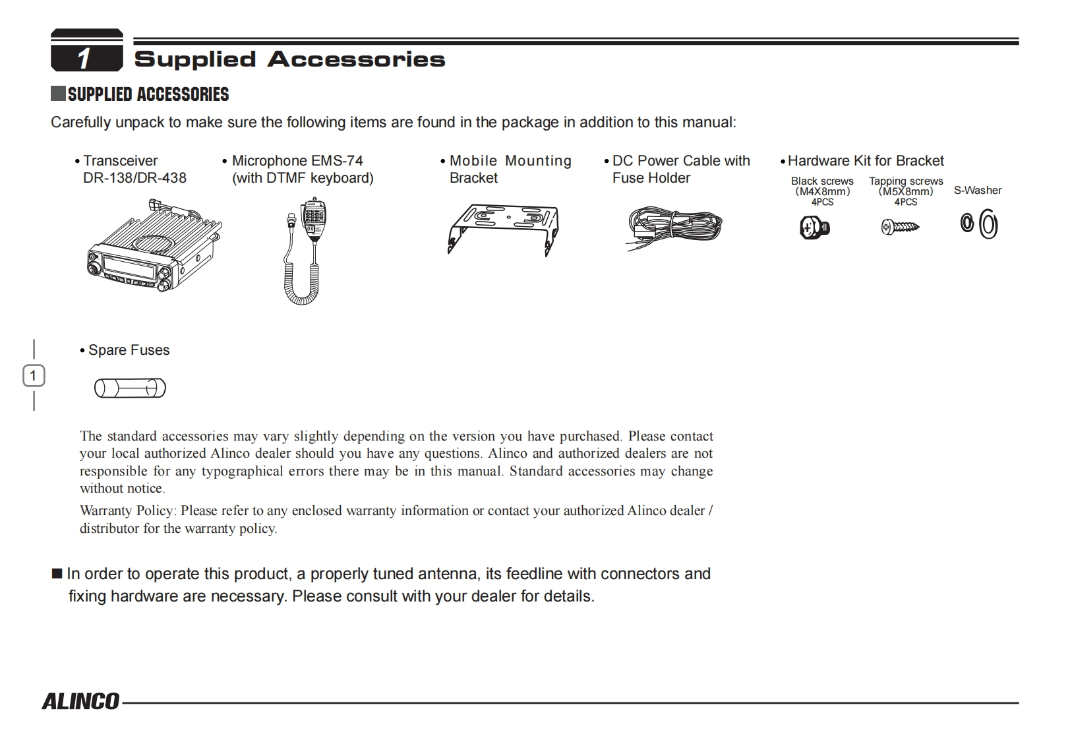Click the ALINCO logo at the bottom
point(80,700)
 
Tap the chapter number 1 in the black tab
point(84,59)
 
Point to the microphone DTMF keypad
point(313,214)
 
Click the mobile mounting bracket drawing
point(502,228)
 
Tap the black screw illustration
point(814,228)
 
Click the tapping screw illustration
point(899,228)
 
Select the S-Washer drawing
point(979,224)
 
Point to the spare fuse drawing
point(130,388)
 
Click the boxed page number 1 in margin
point(34,376)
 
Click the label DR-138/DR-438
point(134,178)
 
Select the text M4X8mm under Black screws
point(822,192)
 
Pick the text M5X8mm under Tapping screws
point(906,192)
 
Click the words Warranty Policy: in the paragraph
point(128,510)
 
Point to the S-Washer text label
point(977,191)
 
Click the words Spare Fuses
point(129,350)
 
